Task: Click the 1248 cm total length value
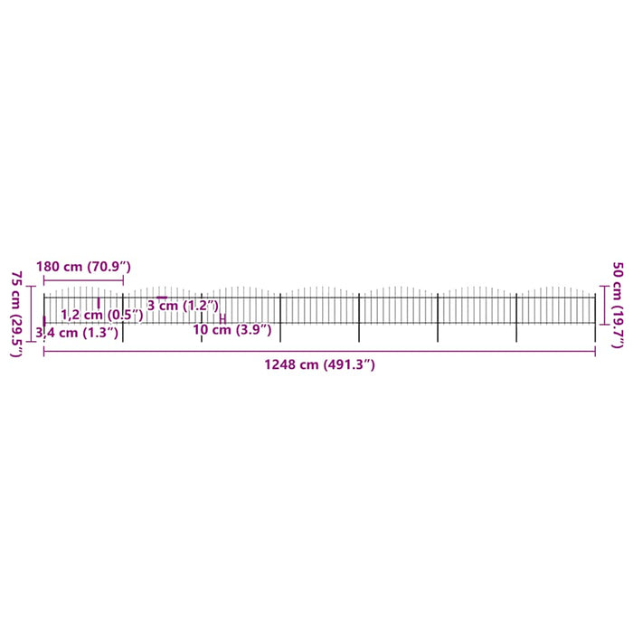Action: [291, 364]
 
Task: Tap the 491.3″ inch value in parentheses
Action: [349, 364]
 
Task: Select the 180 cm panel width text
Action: [59, 267]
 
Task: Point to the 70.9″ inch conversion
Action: [109, 267]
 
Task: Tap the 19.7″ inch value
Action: [618, 325]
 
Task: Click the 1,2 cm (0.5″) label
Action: [101, 315]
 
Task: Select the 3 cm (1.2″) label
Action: [183, 306]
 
